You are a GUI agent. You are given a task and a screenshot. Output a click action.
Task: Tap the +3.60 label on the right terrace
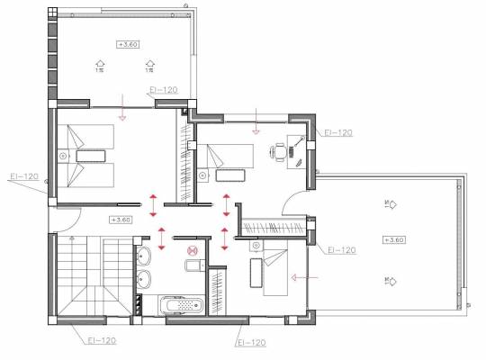tap(394, 239)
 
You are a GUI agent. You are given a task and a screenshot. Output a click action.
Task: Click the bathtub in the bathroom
tap(181, 306)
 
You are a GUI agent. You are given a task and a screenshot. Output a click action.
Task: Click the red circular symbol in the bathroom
tap(191, 253)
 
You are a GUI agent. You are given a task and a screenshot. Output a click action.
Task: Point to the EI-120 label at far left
tap(24, 175)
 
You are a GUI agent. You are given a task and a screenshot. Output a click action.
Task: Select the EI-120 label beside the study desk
tap(337, 132)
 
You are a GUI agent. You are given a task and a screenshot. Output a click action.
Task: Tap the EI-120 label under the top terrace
tap(161, 91)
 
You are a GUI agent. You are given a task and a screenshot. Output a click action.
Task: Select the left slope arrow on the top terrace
tap(99, 64)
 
